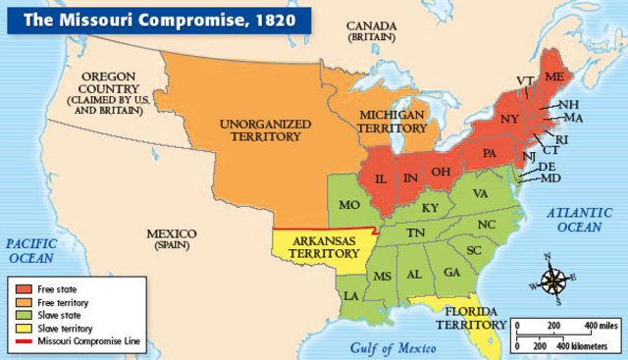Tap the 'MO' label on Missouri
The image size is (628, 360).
point(348,207)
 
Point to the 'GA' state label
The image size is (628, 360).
point(451,272)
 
